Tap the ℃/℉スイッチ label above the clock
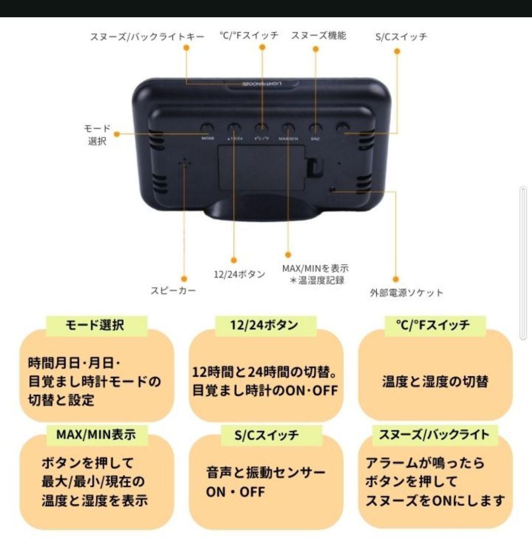click(x=249, y=36)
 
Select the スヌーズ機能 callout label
click(x=319, y=36)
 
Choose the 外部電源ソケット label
click(x=406, y=293)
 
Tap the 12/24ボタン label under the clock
click(x=239, y=274)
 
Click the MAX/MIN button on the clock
click(x=288, y=128)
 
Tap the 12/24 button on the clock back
click(x=234, y=128)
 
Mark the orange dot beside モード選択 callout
click(x=117, y=134)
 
